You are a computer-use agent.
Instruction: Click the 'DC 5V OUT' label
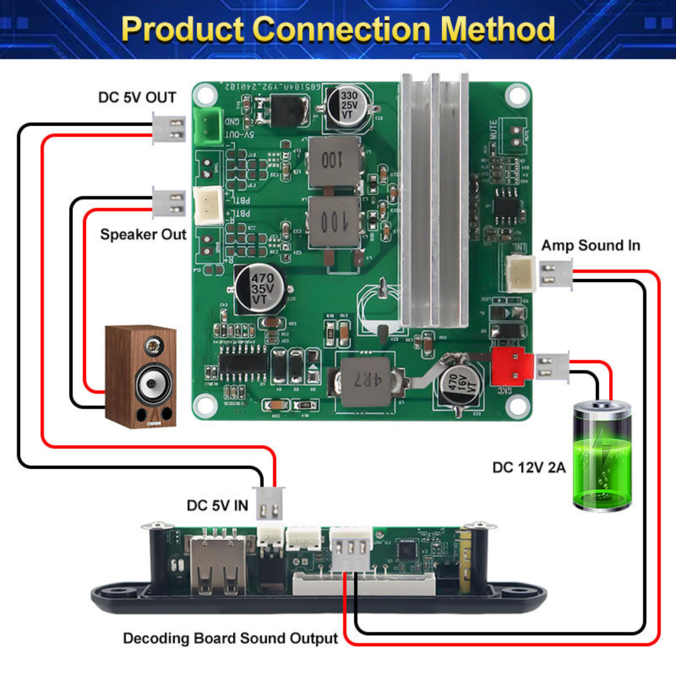click(137, 97)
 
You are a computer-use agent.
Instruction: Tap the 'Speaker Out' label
click(143, 234)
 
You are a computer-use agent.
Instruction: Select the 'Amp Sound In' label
click(590, 246)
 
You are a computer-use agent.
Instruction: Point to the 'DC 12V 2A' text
click(528, 468)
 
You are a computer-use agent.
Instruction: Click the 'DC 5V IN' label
click(217, 505)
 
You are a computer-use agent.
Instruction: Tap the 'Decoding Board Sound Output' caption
click(230, 638)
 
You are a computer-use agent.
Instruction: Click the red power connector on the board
click(512, 366)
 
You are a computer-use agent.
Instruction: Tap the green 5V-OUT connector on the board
click(207, 124)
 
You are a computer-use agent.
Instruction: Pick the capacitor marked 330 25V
click(348, 105)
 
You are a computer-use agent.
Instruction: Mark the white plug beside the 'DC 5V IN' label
click(270, 504)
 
